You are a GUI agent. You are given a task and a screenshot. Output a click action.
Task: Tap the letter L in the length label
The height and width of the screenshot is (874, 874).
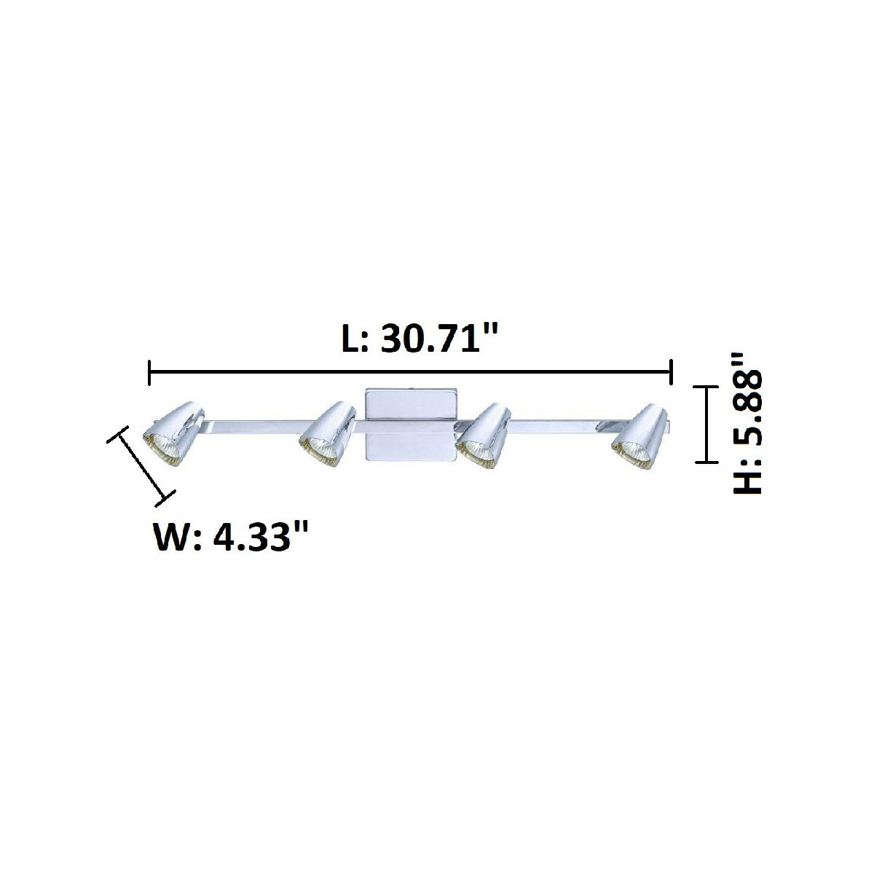(x=353, y=339)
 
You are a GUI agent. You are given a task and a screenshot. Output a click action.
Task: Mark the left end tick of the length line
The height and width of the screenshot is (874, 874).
(x=149, y=372)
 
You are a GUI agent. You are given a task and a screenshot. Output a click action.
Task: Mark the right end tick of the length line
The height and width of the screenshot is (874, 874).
(x=670, y=372)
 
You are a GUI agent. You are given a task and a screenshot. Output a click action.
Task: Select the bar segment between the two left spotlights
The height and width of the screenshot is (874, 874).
(x=251, y=426)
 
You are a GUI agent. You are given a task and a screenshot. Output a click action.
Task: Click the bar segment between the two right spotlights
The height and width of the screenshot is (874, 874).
(x=561, y=426)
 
